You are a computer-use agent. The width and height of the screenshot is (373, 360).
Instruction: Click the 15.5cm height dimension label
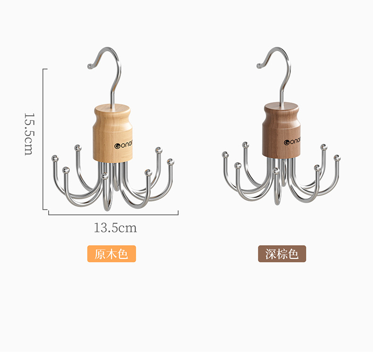coord(29,134)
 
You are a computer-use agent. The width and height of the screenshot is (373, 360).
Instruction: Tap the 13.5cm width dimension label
coord(115,228)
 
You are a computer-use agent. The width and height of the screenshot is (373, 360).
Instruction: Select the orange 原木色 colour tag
coord(111,254)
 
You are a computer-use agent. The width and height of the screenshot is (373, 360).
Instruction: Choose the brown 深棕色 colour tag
coord(282,254)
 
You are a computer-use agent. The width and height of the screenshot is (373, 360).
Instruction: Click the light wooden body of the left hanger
coord(112,133)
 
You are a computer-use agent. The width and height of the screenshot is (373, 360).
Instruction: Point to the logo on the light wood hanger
coord(123,145)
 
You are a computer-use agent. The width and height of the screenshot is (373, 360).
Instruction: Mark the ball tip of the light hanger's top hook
coord(90,67)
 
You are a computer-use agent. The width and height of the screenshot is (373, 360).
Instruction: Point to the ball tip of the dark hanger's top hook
coord(259,66)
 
